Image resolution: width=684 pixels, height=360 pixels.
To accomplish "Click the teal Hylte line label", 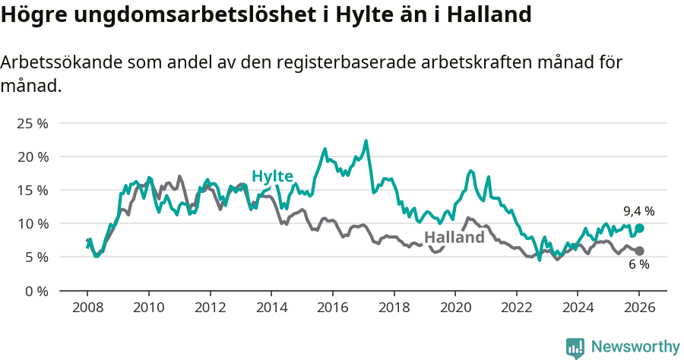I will tap(272, 176).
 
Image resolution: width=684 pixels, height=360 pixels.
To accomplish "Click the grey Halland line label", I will tap(454, 237).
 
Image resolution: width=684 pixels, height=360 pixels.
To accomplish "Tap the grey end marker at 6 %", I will tap(639, 251).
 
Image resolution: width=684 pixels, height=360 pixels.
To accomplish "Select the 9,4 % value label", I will tap(638, 212).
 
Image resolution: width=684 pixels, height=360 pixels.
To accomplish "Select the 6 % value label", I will tap(638, 264).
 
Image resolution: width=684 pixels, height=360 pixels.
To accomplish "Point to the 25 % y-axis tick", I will tap(33, 123).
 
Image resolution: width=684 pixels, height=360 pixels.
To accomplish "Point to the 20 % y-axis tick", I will tap(33, 156).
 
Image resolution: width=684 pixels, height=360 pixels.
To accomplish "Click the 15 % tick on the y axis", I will tap(33, 190).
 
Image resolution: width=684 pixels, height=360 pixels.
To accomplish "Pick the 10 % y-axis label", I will tap(33, 223).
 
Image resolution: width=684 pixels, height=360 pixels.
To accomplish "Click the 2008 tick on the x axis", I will tap(87, 309).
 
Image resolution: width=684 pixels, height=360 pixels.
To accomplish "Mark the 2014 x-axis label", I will tap(271, 309).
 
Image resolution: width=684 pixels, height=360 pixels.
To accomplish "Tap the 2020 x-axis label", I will tap(455, 309).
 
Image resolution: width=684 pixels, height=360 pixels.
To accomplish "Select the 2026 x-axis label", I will tap(639, 309).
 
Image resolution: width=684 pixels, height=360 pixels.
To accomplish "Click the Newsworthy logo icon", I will tap(575, 348).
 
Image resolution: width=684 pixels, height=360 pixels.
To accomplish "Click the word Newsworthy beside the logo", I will tap(635, 347).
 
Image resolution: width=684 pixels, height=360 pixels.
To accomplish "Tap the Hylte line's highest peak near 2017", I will tap(366, 141).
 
